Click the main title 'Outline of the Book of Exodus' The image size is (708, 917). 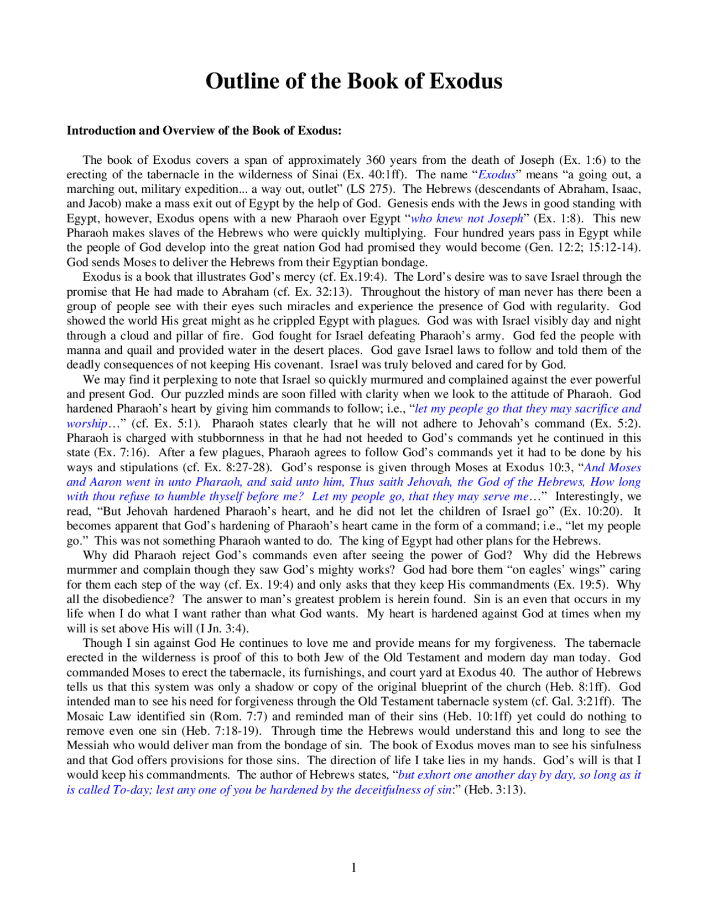coord(353,81)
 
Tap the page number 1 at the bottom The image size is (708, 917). coord(353,868)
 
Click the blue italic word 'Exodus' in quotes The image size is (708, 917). coord(496,174)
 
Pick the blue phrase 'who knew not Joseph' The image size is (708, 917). coord(466,218)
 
